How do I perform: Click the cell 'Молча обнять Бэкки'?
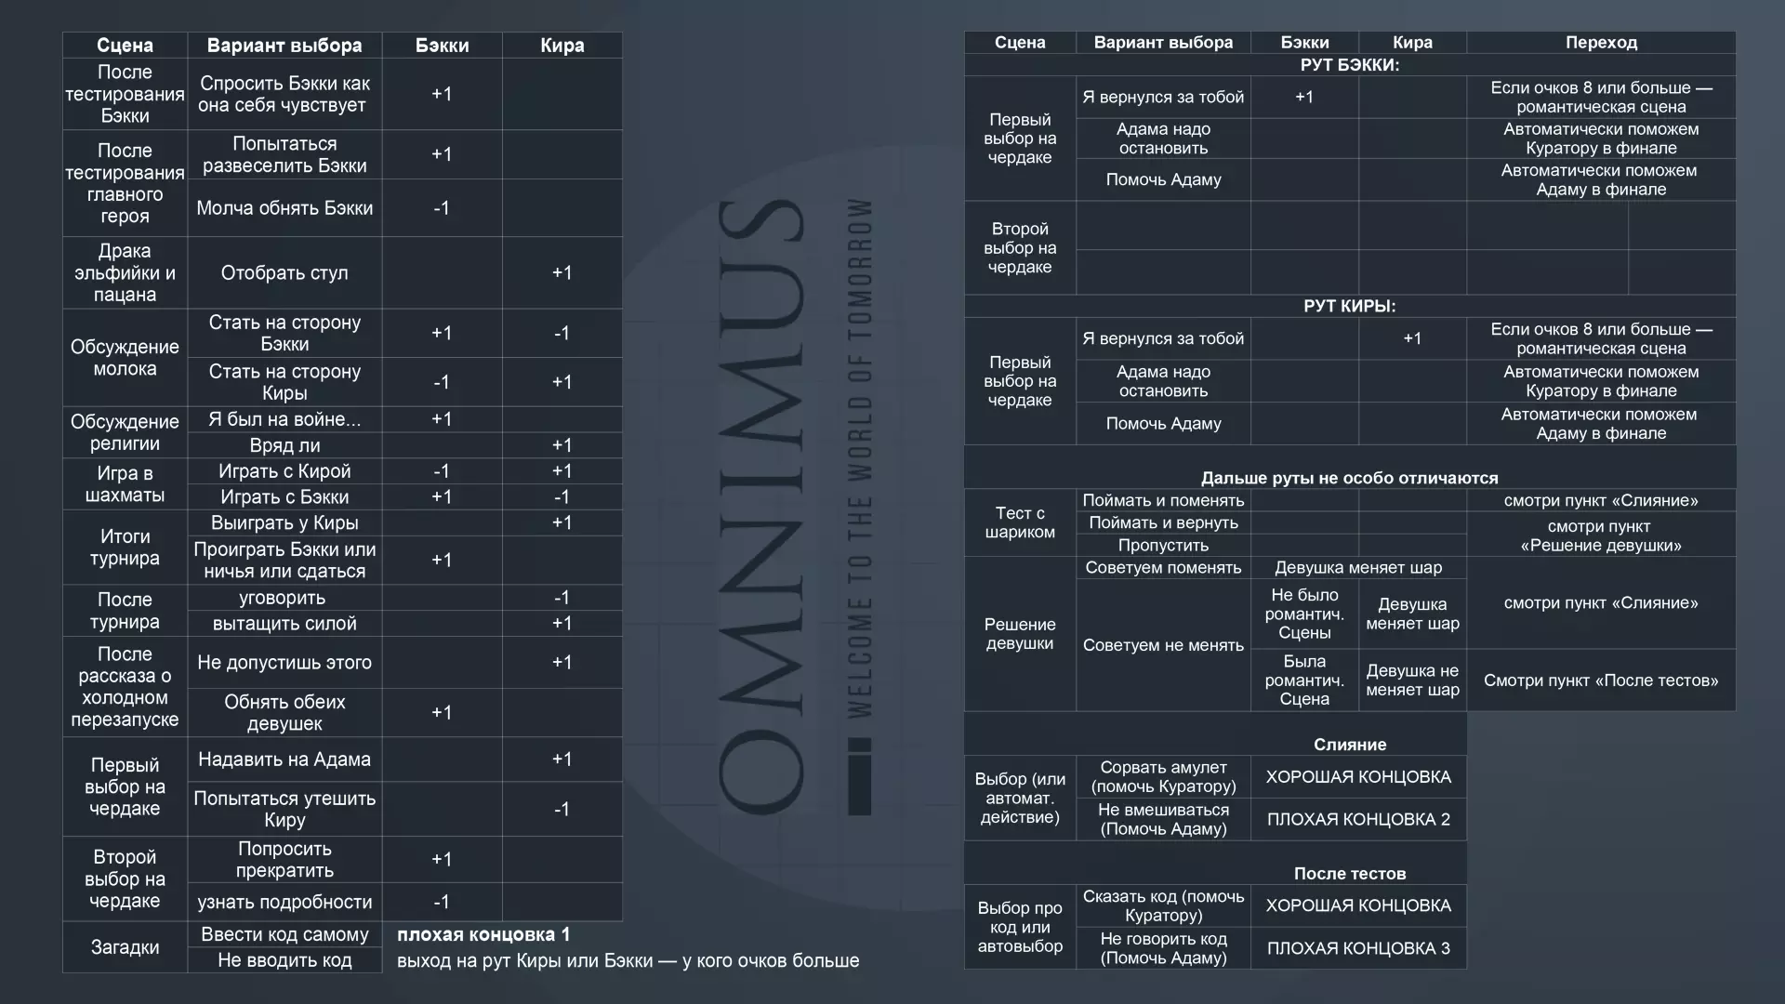coord(284,208)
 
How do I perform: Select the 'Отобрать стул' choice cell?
coord(284,272)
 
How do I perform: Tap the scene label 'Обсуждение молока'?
coord(125,358)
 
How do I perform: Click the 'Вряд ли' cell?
coord(284,445)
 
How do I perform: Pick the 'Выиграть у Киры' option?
coord(284,522)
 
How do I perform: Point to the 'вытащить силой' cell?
coord(284,624)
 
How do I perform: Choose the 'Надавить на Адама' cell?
coord(284,760)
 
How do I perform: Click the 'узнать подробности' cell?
coord(284,902)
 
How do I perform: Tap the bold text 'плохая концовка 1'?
coord(483,934)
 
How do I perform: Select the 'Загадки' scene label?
coord(125,947)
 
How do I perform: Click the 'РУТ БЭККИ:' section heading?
coord(1349,65)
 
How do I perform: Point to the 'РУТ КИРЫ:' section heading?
coord(1349,306)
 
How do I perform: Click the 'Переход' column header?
coord(1601,43)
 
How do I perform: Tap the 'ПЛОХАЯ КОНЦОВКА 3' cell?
coord(1358,948)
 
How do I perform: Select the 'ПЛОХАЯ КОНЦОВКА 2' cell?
coord(1358,819)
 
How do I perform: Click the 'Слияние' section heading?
coord(1349,745)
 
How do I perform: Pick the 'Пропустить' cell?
coord(1163,546)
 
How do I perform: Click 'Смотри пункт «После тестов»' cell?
coord(1601,680)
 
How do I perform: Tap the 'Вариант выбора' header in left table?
coord(284,46)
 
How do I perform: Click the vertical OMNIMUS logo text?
coord(760,507)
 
